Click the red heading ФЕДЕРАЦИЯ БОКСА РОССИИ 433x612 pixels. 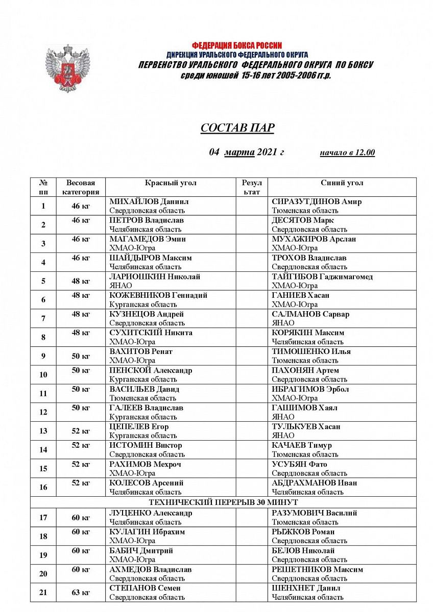pos(237,46)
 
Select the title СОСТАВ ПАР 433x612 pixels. pos(237,128)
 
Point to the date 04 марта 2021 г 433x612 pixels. pos(246,152)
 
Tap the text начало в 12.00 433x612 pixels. pos(347,152)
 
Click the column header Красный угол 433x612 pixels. pos(171,183)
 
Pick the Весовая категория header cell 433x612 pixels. pos(81,187)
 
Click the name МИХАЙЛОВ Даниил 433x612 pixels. pos(149,201)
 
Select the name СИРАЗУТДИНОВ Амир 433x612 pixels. pos(317,201)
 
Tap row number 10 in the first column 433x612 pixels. pos(43,375)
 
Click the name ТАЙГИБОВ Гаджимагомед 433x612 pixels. pos(322,276)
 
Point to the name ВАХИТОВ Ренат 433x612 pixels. pos(141,351)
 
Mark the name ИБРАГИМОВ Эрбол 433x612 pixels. pos(310,389)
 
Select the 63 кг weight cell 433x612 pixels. pos(81,592)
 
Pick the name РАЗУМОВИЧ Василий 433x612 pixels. pos(314,513)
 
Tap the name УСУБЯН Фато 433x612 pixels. pos(299,464)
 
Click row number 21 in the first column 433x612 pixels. pos(43,592)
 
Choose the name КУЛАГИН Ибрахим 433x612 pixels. pos(147,532)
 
